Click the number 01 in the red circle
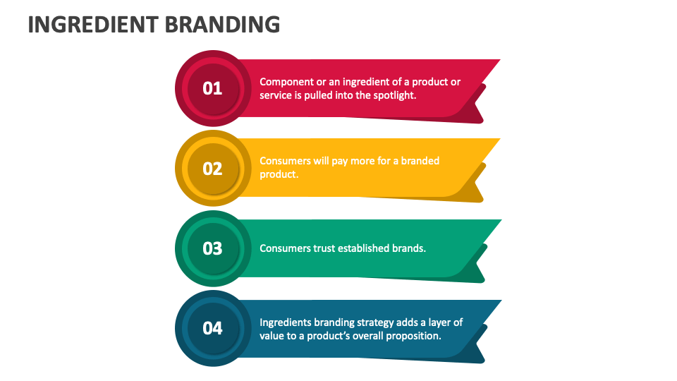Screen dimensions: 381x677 [212, 88]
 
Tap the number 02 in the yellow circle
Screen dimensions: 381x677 [212, 169]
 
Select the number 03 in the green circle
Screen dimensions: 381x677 [212, 248]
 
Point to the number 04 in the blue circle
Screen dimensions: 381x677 [212, 328]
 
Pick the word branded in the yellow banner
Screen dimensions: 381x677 [420, 161]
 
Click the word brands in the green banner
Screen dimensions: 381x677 [410, 248]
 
